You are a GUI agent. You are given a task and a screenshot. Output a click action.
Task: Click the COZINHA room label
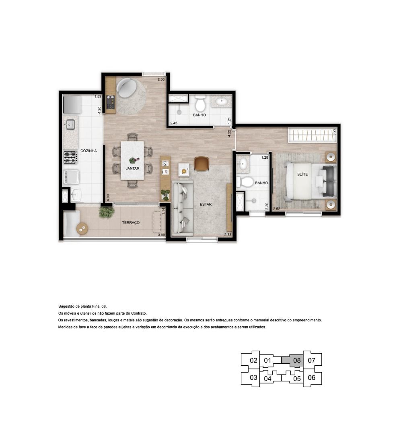pos(88,151)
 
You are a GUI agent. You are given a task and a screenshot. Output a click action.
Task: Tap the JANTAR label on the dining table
pos(132,168)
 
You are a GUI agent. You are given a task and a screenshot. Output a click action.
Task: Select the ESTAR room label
pos(206,205)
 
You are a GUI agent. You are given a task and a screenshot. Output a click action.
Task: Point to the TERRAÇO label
pos(131,222)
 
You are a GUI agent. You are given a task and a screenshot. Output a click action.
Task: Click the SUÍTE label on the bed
pos(302,174)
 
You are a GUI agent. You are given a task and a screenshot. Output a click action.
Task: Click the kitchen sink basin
pos(70,124)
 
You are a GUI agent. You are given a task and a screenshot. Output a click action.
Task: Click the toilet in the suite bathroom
pos(245,182)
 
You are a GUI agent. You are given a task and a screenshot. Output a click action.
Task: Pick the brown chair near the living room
pos(202,164)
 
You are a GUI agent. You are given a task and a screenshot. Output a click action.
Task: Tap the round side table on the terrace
pos(82,229)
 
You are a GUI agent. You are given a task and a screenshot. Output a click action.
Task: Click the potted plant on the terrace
pos(107,212)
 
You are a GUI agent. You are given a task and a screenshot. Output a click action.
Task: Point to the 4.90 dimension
pos(108,197)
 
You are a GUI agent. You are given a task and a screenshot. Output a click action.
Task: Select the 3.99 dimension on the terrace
pos(161,235)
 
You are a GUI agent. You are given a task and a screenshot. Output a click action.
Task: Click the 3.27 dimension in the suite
pos(334,131)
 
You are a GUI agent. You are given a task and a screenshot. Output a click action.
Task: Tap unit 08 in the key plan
pos(297,360)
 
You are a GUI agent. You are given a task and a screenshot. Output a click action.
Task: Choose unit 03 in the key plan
pos(253,377)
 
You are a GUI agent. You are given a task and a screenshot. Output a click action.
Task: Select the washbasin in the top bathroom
pos(222,101)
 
